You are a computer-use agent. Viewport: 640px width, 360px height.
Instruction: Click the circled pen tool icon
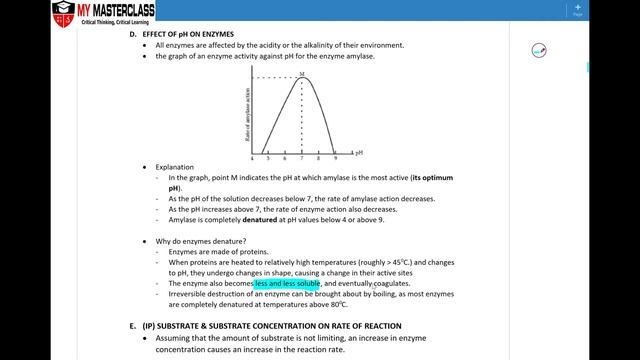click(539, 49)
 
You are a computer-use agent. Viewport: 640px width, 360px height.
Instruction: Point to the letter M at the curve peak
click(303, 74)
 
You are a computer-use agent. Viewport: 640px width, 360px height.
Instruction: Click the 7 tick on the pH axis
click(301, 159)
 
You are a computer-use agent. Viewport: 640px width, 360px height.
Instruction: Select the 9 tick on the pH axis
click(335, 159)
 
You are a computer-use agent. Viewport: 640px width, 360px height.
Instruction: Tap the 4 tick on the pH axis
click(252, 159)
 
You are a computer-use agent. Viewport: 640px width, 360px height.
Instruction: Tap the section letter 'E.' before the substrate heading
click(133, 326)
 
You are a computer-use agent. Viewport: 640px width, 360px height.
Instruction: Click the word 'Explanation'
click(175, 167)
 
